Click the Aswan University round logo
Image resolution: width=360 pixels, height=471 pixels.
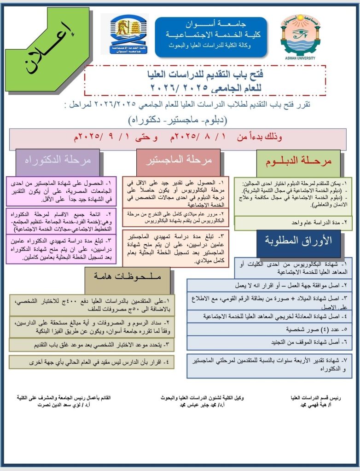[301, 35]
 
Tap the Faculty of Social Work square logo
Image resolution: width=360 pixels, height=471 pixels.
[124, 34]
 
